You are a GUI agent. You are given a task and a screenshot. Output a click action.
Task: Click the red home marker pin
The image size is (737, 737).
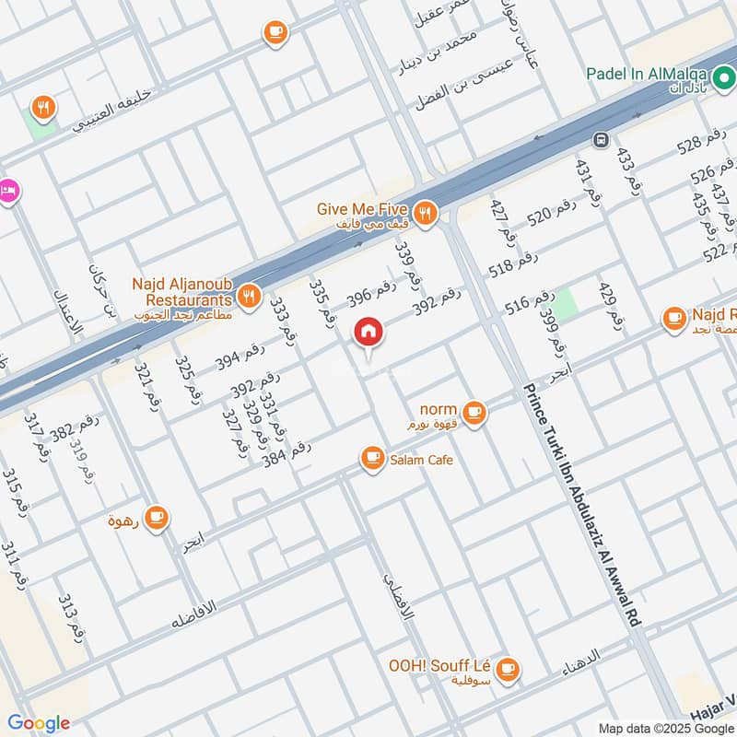tap(368, 332)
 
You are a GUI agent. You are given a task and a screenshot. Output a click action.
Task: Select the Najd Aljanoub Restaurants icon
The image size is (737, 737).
tap(248, 296)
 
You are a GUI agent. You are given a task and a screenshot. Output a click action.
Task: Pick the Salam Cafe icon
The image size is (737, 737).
tap(372, 458)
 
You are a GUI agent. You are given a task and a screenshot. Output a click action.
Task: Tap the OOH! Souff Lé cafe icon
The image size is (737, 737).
tap(508, 669)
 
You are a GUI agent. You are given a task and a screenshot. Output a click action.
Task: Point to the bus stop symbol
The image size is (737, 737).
tap(600, 140)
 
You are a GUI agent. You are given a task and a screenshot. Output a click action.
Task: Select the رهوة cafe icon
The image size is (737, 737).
tap(156, 516)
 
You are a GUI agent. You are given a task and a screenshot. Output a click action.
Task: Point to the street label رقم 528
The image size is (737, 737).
tap(702, 146)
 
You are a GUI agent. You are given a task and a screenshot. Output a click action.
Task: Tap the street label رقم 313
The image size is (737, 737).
tap(71, 618)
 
